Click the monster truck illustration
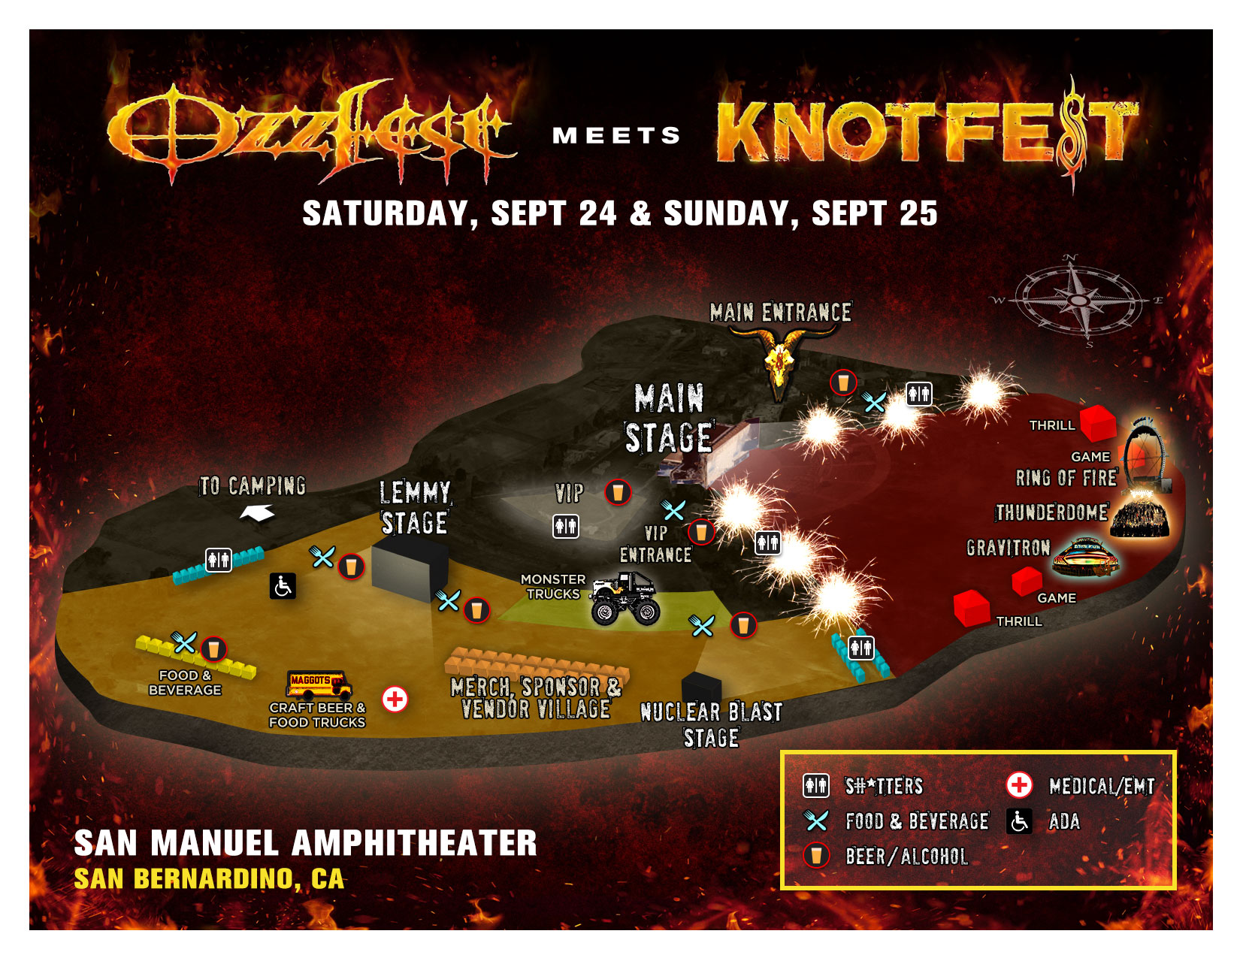[625, 599]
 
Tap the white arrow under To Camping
[257, 513]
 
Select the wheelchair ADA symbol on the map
[283, 586]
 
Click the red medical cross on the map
[395, 700]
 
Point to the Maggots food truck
[319, 683]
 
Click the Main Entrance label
[780, 313]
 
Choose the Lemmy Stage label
[415, 508]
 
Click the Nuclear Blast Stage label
[711, 724]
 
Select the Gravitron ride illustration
[1084, 558]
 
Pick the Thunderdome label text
[1051, 512]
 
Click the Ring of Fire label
[1066, 478]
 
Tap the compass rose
[1078, 301]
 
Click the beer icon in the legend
[816, 855]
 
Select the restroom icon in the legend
[816, 786]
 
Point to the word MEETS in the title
[616, 136]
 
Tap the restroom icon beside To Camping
[219, 560]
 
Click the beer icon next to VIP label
[618, 492]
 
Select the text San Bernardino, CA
[209, 878]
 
